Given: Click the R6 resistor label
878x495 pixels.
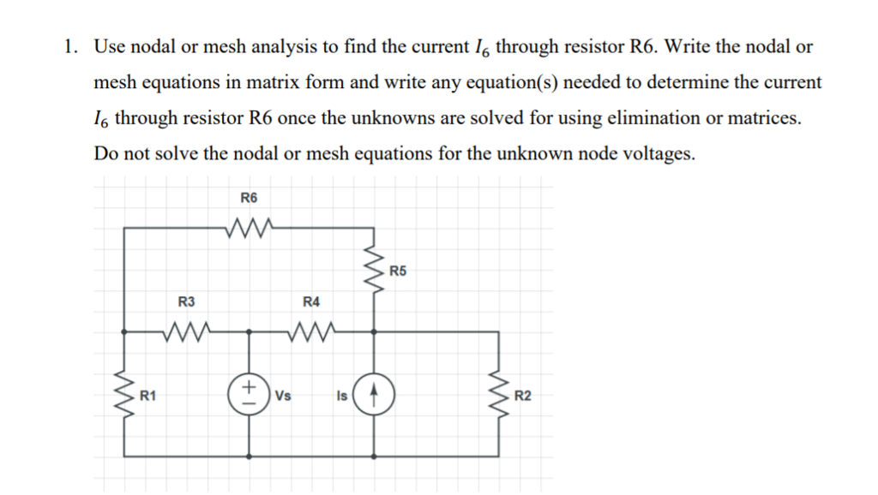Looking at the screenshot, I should pos(248,198).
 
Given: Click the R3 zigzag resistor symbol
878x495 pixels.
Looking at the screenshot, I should pos(186,330).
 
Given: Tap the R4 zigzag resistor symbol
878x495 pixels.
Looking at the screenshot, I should pos(311,330).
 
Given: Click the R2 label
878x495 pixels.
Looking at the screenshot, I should pos(523,395).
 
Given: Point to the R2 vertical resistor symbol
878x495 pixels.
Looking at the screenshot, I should pos(500,395).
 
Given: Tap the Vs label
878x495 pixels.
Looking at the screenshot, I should pos(284,396).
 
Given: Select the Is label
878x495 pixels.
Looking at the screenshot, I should pos(342,396).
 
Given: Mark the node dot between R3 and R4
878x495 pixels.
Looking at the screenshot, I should pos(250,331).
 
